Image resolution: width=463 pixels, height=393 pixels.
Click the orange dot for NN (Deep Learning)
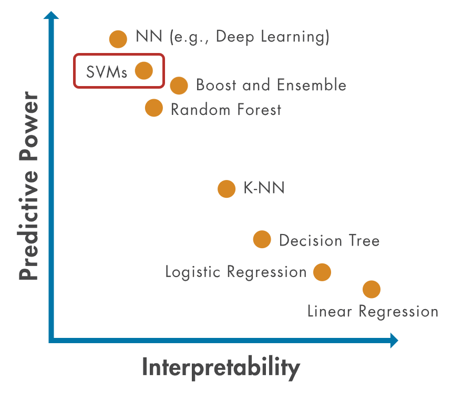coord(118,38)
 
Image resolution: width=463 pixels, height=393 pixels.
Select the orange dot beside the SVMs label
coord(143,70)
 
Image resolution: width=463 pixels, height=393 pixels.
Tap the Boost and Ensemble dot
coord(179,85)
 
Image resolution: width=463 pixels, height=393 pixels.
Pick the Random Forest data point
coord(153,109)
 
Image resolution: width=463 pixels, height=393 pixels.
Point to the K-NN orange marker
coord(226,189)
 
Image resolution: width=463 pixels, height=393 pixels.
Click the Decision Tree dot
coord(262,240)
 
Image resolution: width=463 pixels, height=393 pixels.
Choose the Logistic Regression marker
coord(322,272)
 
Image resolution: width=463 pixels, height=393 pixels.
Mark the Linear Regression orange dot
coord(371,289)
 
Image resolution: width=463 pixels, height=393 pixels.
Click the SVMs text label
coord(107,71)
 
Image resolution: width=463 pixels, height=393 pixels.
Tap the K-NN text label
coord(264,188)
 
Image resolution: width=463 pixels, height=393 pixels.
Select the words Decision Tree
coord(329,241)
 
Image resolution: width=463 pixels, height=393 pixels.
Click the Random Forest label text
coord(226,110)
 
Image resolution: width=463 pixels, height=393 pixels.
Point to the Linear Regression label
coord(373,311)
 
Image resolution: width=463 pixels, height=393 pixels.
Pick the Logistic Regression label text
coord(235,272)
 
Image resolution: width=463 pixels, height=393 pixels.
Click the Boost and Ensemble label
coord(271,85)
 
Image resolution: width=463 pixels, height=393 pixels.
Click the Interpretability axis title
coord(221,368)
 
